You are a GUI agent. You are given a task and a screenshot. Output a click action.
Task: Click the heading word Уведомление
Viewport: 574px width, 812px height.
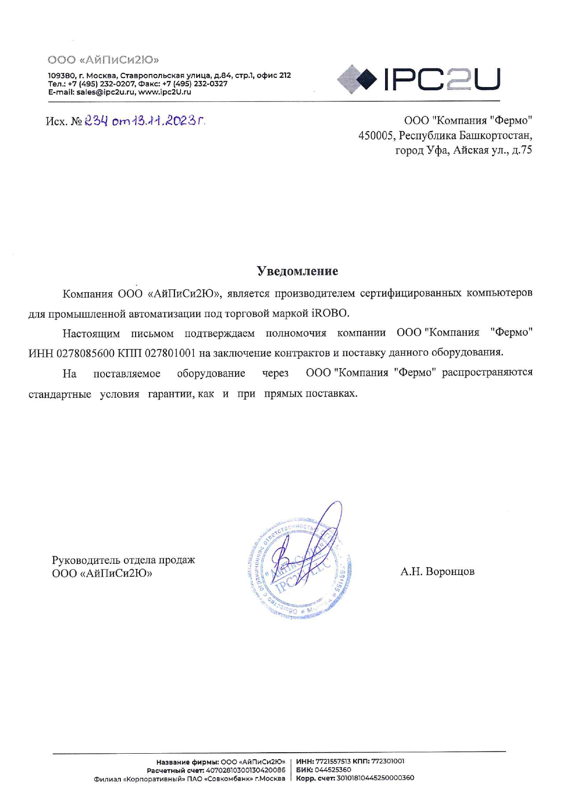(297, 271)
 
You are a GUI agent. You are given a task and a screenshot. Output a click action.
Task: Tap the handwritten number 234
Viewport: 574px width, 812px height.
(96, 121)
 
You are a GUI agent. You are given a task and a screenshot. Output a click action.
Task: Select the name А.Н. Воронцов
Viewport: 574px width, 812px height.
(437, 571)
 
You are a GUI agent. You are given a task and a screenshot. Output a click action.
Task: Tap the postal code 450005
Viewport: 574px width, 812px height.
(376, 136)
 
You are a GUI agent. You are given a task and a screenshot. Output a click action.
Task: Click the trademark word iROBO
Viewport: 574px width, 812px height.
(329, 313)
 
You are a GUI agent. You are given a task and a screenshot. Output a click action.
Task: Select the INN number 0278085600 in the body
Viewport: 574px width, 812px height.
(85, 353)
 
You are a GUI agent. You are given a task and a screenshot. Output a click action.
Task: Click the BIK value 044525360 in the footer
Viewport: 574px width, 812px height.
(333, 770)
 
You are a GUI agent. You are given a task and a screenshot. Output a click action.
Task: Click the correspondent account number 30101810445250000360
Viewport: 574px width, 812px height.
(374, 778)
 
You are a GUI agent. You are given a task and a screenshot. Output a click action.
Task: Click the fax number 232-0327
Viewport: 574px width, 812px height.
(211, 84)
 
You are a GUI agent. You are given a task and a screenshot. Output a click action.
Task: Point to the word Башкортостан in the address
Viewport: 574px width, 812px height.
(495, 136)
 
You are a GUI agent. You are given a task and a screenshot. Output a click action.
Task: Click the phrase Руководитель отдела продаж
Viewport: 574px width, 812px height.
(123, 560)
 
